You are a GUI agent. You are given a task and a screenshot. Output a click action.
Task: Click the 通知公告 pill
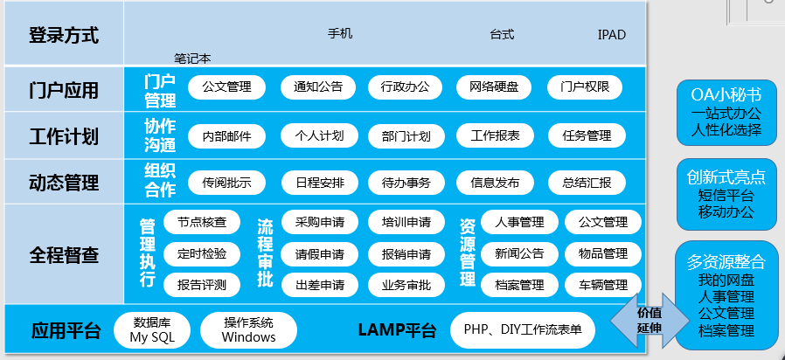pyautogui.click(x=318, y=87)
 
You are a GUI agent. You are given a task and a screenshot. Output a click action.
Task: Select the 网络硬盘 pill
pyautogui.click(x=494, y=87)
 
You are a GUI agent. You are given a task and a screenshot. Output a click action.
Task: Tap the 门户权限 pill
pyautogui.click(x=585, y=87)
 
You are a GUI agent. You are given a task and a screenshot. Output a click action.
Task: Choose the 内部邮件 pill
pyautogui.click(x=226, y=135)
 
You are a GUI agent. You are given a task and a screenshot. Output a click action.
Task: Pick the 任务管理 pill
pyautogui.click(x=587, y=135)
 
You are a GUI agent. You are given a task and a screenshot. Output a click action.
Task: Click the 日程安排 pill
pyautogui.click(x=319, y=183)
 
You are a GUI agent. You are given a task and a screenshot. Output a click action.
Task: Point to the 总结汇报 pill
pyautogui.click(x=587, y=183)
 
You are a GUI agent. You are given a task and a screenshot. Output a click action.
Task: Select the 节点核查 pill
pyautogui.click(x=201, y=222)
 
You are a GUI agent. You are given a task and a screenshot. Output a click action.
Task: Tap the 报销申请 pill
pyautogui.click(x=406, y=254)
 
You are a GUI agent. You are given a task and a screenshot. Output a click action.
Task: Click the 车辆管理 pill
pyautogui.click(x=602, y=285)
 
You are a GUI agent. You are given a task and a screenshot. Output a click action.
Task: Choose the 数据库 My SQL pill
pyautogui.click(x=152, y=329)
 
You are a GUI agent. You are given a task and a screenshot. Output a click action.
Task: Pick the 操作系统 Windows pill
pyautogui.click(x=248, y=329)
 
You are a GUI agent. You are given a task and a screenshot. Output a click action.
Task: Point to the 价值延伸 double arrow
pyautogui.click(x=648, y=320)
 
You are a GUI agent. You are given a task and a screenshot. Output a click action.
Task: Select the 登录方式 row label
pyautogui.click(x=63, y=36)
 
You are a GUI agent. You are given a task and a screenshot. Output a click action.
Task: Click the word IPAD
pyautogui.click(x=612, y=35)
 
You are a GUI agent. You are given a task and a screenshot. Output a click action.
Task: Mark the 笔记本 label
pyautogui.click(x=192, y=59)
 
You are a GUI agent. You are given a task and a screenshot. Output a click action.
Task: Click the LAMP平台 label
pyautogui.click(x=396, y=330)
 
